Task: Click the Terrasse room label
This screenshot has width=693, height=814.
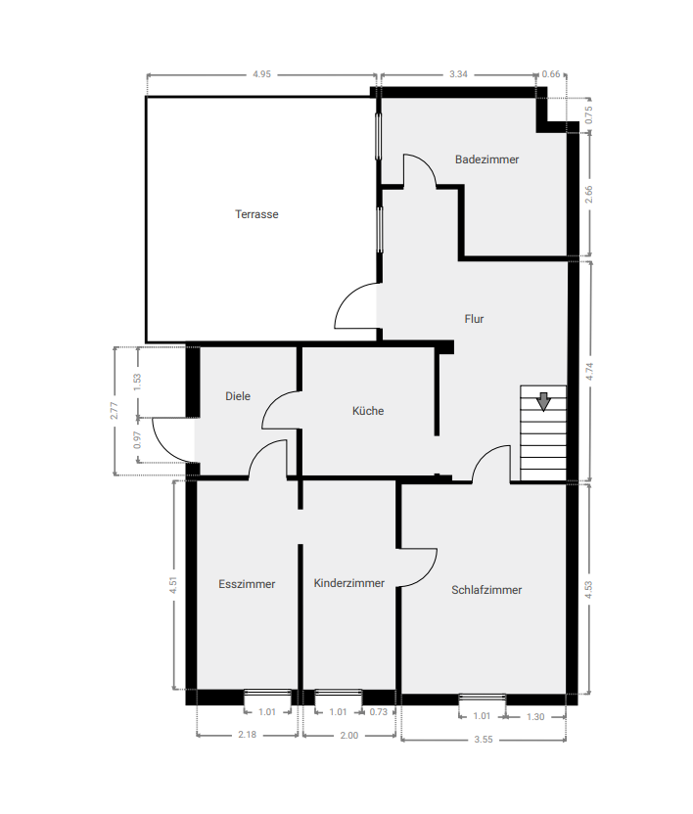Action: [256, 214]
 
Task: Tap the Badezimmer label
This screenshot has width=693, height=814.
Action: [486, 158]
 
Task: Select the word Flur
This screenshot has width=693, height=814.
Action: [474, 318]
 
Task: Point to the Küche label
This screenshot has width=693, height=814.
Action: [368, 411]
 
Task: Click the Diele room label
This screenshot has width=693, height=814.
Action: [238, 396]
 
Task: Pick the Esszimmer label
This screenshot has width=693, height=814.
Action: [247, 584]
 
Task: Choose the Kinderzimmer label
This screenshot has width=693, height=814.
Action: [349, 583]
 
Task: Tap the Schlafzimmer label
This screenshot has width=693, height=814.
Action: [486, 590]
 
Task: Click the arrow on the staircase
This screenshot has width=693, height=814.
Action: [543, 399]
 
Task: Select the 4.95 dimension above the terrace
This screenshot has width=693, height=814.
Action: [260, 73]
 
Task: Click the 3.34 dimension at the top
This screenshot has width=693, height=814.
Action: [458, 73]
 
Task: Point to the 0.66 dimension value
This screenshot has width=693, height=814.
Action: [552, 73]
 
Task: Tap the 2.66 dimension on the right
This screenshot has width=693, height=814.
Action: [588, 193]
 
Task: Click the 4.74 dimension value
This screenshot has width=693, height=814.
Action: [588, 371]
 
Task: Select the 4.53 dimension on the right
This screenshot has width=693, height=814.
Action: [588, 589]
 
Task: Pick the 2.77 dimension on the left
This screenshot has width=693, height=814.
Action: [115, 411]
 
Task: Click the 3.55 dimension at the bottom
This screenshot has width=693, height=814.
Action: [484, 740]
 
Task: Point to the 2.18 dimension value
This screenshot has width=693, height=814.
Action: [247, 735]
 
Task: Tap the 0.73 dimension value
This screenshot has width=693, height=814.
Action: [379, 712]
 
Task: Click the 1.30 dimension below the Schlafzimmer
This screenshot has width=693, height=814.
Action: [535, 717]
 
